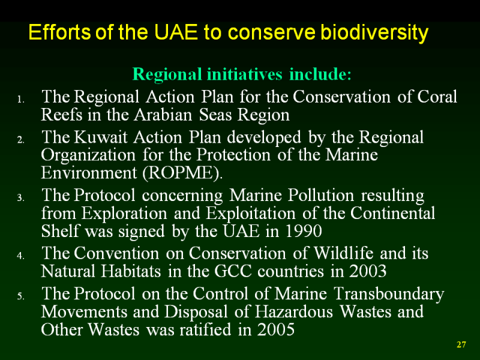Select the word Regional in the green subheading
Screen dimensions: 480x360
pyautogui.click(x=167, y=74)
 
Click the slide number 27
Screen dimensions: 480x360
pyautogui.click(x=461, y=344)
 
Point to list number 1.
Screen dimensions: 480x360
pyautogui.click(x=20, y=100)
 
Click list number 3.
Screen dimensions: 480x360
pyautogui.click(x=20, y=198)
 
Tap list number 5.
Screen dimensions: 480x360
pyautogui.click(x=20, y=296)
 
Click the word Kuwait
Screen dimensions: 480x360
pyautogui.click(x=100, y=137)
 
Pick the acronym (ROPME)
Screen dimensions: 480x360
pyautogui.click(x=182, y=173)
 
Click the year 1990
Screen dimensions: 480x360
pyautogui.click(x=303, y=231)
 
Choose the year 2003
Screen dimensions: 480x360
pyautogui.click(x=368, y=271)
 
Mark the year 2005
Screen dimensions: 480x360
pyautogui.click(x=276, y=329)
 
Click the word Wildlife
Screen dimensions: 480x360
pyautogui.click(x=343, y=253)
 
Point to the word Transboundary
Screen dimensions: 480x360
pyautogui.click(x=389, y=294)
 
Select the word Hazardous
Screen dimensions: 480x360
pyautogui.click(x=293, y=311)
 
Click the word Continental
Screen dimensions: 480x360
pyautogui.click(x=393, y=213)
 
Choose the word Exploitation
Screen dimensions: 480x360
pyautogui.click(x=251, y=214)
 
